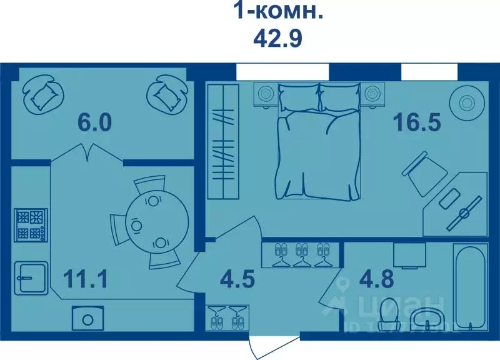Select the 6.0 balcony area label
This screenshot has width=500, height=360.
(95, 122)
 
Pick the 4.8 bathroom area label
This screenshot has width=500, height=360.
(376, 278)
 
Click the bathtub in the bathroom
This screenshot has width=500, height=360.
(471, 288)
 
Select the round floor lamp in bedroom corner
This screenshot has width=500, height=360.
(467, 101)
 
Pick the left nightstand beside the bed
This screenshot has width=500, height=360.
(266, 94)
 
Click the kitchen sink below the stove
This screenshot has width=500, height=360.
(29, 276)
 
